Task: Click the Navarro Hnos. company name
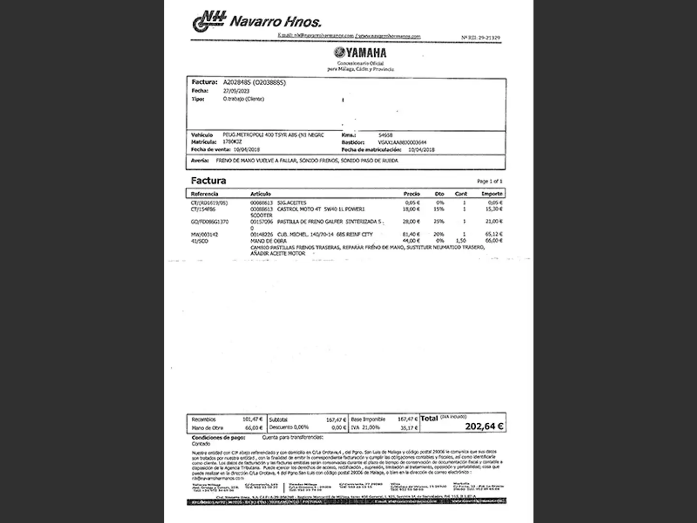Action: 275,22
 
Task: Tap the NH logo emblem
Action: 209,22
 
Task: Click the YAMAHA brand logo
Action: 360,53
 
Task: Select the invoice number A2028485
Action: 237,82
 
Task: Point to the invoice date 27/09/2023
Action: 236,91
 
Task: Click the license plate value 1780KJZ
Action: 232,142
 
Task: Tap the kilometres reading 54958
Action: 385,136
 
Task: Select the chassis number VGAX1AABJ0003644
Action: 402,143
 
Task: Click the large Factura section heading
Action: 208,181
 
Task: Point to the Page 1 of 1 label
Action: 489,181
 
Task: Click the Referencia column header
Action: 204,194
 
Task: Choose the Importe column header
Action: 492,194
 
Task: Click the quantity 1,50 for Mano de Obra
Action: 461,241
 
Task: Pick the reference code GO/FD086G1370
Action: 210,222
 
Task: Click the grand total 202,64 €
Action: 484,427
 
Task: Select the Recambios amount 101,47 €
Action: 253,419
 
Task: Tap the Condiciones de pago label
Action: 218,438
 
